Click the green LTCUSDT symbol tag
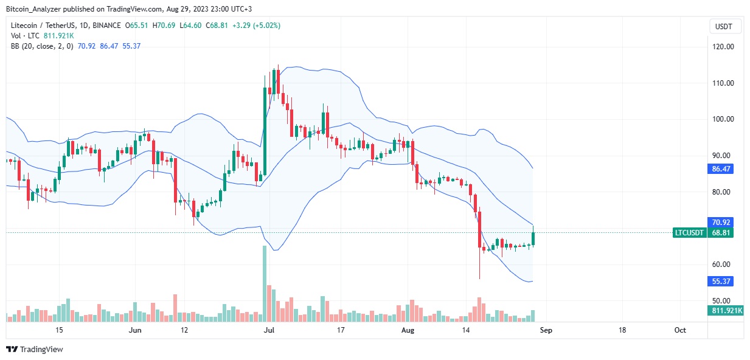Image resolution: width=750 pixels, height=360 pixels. [x=690, y=233]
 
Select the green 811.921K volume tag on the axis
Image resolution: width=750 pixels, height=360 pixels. [x=725, y=311]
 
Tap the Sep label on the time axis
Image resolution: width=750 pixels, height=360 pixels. [x=546, y=330]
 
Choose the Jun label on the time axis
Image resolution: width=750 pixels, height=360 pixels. [x=136, y=330]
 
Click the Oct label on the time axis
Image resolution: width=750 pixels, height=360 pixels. [x=680, y=330]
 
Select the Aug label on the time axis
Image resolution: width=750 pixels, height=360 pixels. [x=408, y=330]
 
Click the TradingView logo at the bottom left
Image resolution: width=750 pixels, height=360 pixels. [x=35, y=349]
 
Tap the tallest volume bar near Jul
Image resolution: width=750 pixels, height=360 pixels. [x=265, y=283]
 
